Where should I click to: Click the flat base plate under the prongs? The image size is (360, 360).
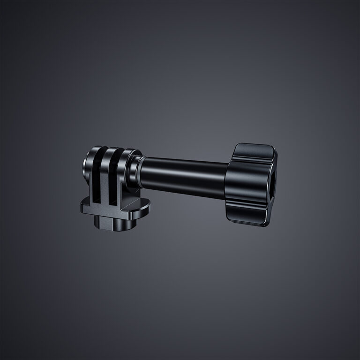tap(117, 209)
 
